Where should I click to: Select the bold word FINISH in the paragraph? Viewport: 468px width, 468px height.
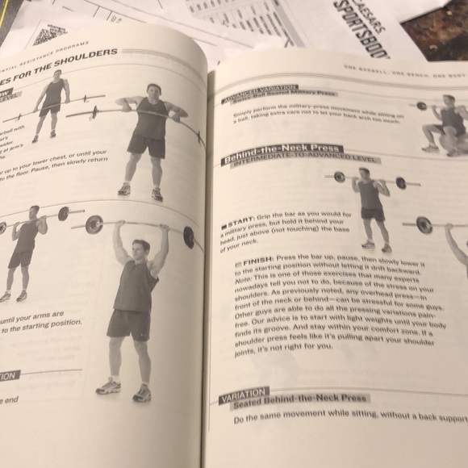pos(246,264)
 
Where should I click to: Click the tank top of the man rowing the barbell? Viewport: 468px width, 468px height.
pos(150,121)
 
